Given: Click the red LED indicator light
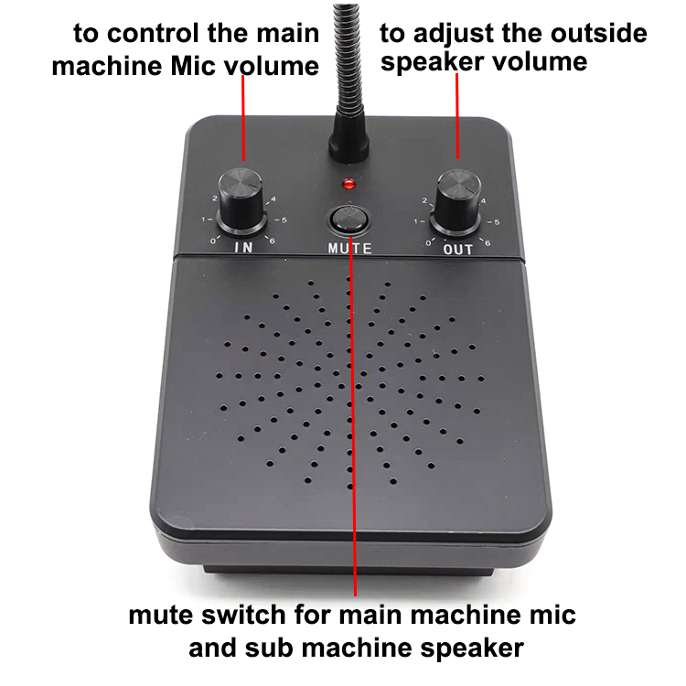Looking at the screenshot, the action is click(348, 183).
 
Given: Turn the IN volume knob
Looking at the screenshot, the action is click(241, 200).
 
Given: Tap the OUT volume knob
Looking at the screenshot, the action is click(456, 202).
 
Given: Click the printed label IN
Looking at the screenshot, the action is click(243, 247).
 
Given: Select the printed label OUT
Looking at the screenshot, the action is click(458, 250).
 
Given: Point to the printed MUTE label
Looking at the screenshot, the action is click(350, 249).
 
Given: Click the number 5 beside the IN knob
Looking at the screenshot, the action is click(284, 220).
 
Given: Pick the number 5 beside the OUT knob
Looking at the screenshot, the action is click(496, 222).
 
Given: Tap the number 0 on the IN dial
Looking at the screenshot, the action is click(213, 241).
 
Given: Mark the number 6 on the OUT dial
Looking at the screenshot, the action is click(488, 243).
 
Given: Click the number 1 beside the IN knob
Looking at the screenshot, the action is click(203, 220).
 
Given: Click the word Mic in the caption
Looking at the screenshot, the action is click(193, 66).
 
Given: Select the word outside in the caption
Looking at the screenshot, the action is click(598, 33).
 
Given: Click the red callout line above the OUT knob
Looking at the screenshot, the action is click(457, 116).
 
